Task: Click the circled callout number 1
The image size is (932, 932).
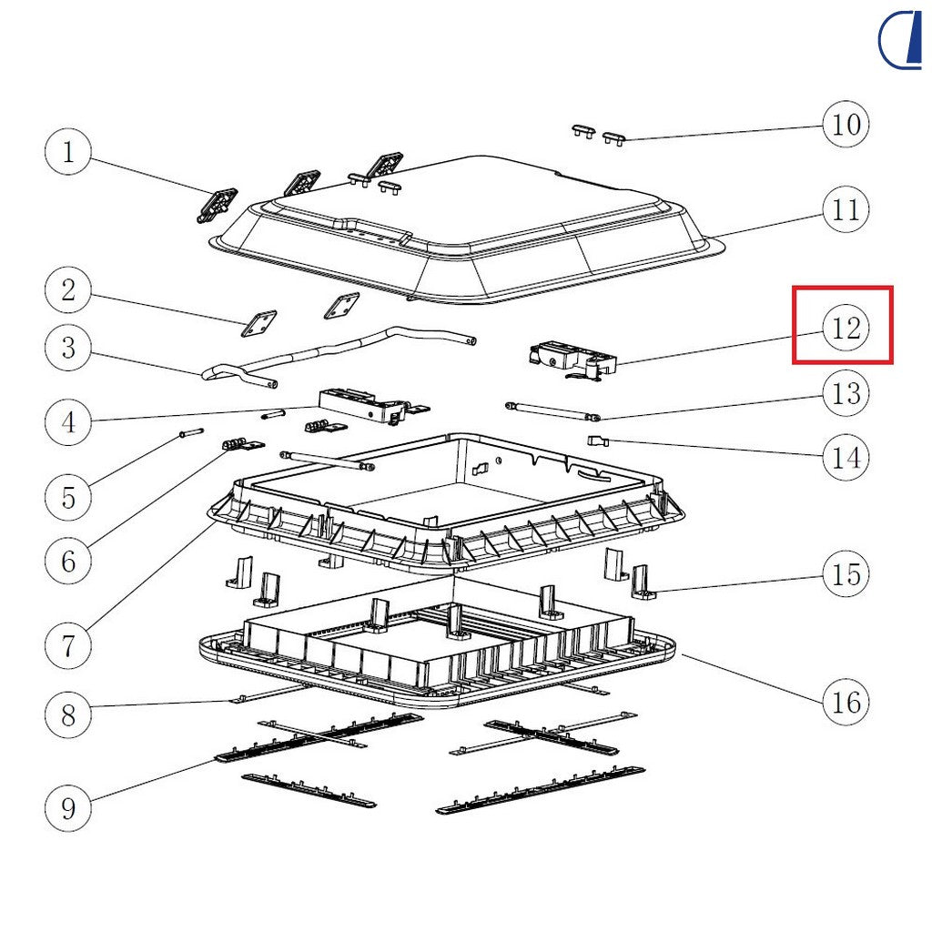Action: point(68,152)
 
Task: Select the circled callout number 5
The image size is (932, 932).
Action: point(68,498)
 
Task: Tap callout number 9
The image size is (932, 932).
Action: point(68,808)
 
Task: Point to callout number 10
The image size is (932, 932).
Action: point(846,124)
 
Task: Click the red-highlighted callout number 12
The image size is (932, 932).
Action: point(846,328)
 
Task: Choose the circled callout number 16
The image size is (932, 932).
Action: point(846,702)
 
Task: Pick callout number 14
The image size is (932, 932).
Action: point(846,458)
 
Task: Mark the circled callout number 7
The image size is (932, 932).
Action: point(68,645)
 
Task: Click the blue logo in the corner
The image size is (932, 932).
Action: point(900,39)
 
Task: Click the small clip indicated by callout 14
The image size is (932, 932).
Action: point(598,441)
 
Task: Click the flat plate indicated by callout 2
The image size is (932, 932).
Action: point(258,323)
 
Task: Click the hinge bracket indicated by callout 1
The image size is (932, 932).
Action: point(217,205)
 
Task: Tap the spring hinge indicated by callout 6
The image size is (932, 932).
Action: point(243,444)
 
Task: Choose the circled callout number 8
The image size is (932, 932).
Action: point(68,714)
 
